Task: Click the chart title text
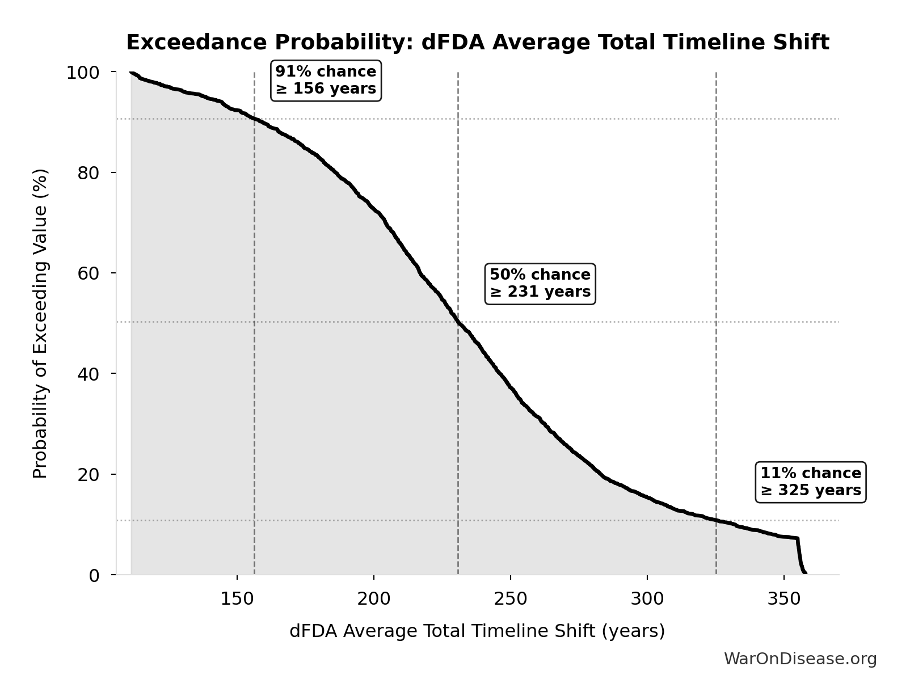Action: [x=477, y=43]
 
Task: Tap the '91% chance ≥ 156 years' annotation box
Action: [x=326, y=81]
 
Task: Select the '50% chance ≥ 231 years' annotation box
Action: [x=540, y=283]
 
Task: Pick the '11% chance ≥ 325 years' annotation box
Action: [x=810, y=482]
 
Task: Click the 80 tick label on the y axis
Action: [x=89, y=172]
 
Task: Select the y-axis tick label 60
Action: [x=89, y=273]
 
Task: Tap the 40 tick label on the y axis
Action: [x=89, y=374]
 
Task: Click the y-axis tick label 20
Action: [x=89, y=474]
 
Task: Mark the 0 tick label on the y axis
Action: [x=94, y=575]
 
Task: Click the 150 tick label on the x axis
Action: [x=237, y=598]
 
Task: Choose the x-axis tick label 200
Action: [x=374, y=598]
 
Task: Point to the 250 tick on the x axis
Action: [x=511, y=598]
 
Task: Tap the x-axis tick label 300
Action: [x=647, y=598]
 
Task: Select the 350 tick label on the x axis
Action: [x=784, y=598]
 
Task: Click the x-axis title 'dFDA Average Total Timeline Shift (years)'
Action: [x=477, y=631]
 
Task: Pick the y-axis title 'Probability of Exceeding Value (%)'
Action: [x=40, y=323]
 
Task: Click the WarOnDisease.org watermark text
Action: [x=800, y=659]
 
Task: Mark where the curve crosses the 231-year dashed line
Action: [x=458, y=322]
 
